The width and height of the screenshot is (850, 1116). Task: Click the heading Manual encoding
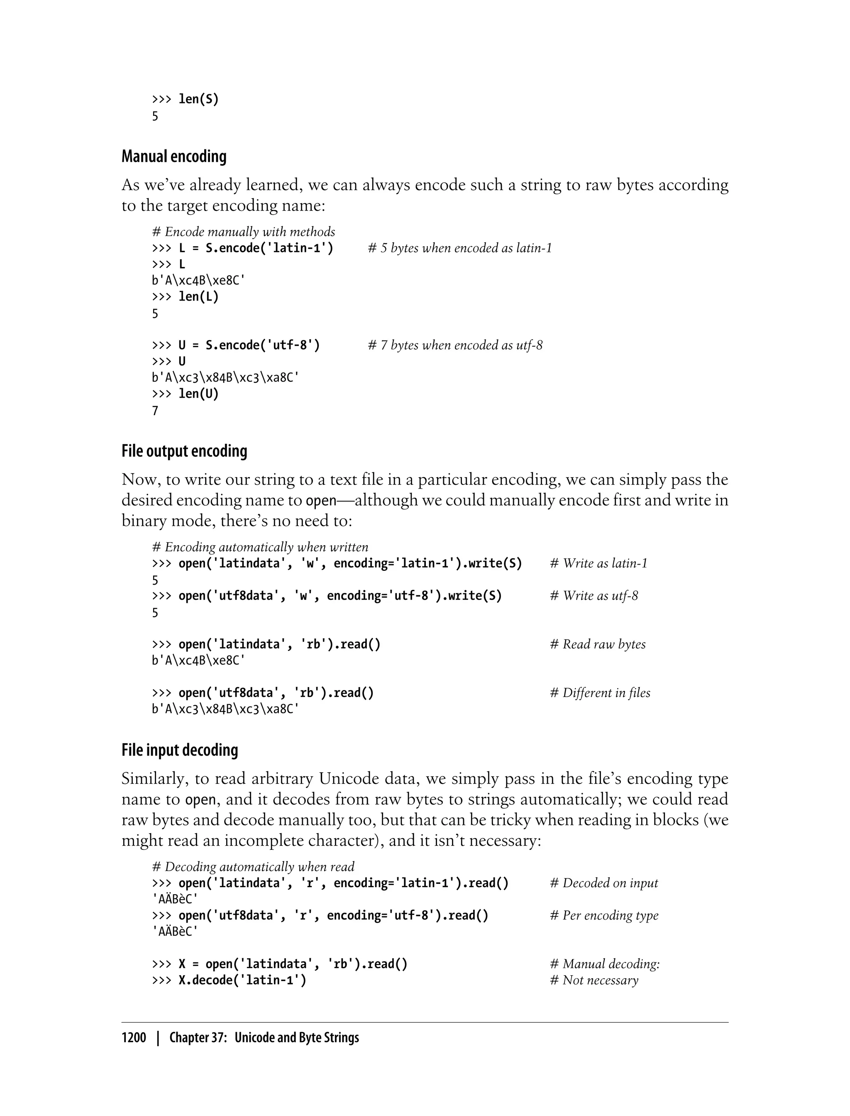click(173, 157)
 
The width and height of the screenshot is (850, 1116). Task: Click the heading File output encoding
click(184, 451)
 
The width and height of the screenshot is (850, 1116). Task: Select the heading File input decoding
click(180, 750)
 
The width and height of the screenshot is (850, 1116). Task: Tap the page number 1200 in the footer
click(134, 1038)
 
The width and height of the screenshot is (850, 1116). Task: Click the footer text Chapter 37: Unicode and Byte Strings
click(264, 1038)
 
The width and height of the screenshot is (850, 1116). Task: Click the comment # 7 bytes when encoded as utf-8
click(455, 345)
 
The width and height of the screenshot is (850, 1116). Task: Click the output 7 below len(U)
click(155, 411)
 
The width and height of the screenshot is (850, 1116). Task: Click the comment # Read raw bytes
click(598, 644)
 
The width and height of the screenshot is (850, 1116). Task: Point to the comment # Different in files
click(600, 693)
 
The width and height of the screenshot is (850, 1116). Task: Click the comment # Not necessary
click(594, 980)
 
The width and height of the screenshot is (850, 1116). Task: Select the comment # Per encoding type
click(604, 915)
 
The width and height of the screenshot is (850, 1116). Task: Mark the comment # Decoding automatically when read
click(253, 867)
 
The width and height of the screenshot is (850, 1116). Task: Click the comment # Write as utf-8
click(594, 596)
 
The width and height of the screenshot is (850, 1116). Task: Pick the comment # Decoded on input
click(604, 883)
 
